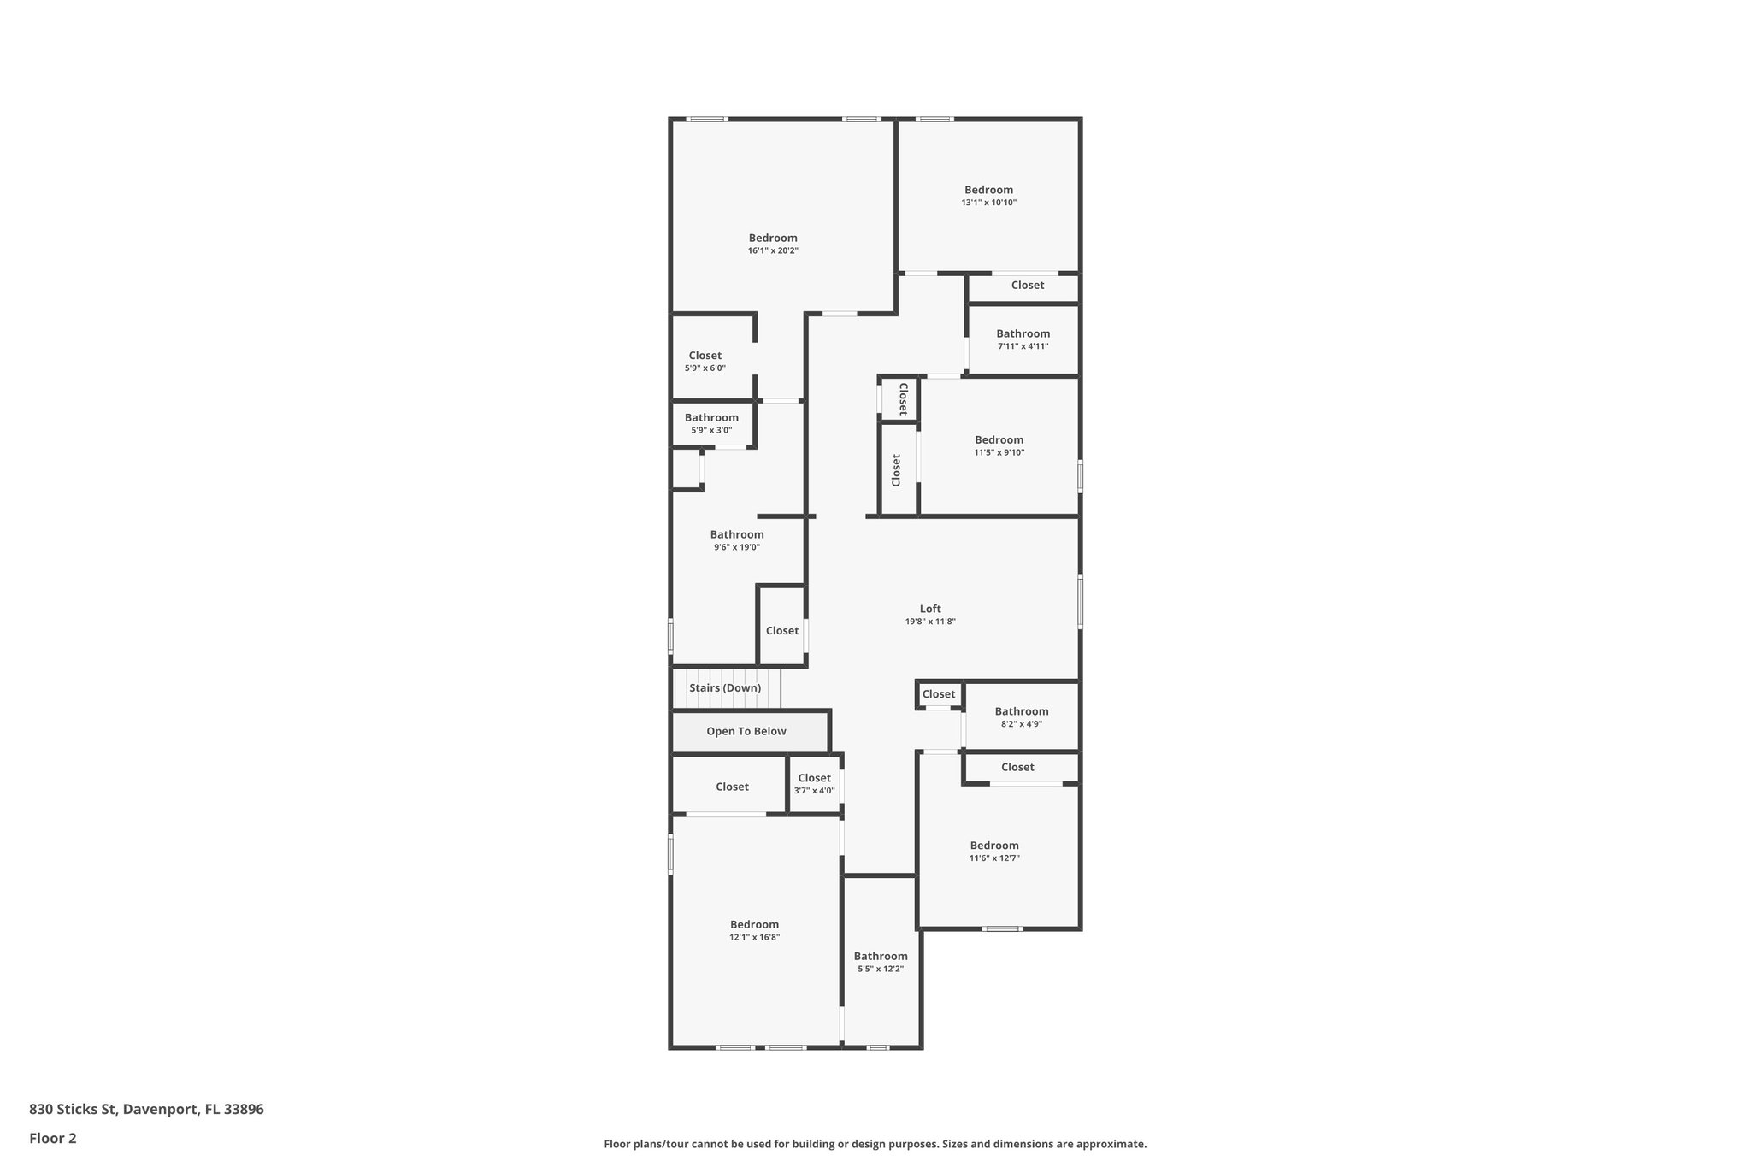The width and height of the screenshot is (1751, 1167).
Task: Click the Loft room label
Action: coord(930,609)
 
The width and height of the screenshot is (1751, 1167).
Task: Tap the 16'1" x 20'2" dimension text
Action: coord(773,250)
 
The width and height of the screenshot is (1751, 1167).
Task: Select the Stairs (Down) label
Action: coord(725,688)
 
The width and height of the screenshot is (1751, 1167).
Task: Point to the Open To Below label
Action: coord(746,731)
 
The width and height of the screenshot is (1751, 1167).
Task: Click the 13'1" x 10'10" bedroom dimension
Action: coord(988,203)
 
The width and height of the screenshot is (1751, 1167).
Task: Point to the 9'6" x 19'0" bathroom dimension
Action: coord(737,547)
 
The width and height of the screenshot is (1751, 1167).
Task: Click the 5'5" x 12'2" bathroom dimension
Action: coord(881,969)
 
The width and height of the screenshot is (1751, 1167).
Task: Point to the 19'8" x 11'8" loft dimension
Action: coord(930,622)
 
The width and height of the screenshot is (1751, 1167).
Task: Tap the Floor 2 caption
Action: coord(53,1138)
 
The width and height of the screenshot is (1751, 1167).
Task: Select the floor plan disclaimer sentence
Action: coord(875,1144)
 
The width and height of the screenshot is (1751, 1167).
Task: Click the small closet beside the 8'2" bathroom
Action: coord(939,694)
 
